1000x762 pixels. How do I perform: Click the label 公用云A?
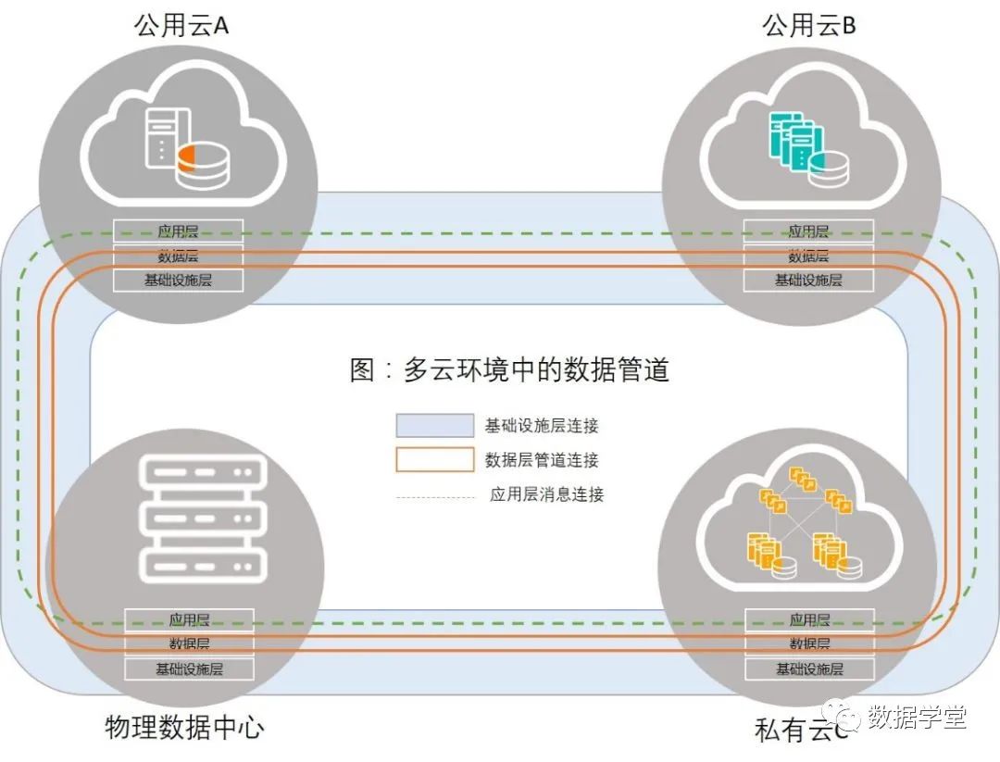click(x=181, y=24)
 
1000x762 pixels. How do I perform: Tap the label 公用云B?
click(x=808, y=24)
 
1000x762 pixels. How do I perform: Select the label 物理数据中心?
click(x=185, y=727)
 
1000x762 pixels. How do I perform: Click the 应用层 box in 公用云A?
click(x=178, y=231)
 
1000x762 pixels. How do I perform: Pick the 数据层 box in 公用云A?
click(x=178, y=256)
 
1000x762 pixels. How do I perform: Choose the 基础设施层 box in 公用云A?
click(x=178, y=280)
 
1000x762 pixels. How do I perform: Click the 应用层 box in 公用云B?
click(x=808, y=231)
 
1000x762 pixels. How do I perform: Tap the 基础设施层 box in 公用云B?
click(x=808, y=280)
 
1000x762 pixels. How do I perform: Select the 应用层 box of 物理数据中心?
click(x=189, y=619)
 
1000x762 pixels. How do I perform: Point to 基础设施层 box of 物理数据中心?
click(x=189, y=668)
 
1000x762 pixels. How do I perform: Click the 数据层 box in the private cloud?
click(x=809, y=643)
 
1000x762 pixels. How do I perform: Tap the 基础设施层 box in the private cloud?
click(x=809, y=668)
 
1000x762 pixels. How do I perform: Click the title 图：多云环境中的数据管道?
click(x=509, y=370)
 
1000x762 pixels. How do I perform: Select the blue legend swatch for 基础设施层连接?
click(x=434, y=426)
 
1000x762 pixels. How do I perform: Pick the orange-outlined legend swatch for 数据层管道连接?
click(x=434, y=459)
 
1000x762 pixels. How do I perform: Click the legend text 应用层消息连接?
click(x=546, y=494)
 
